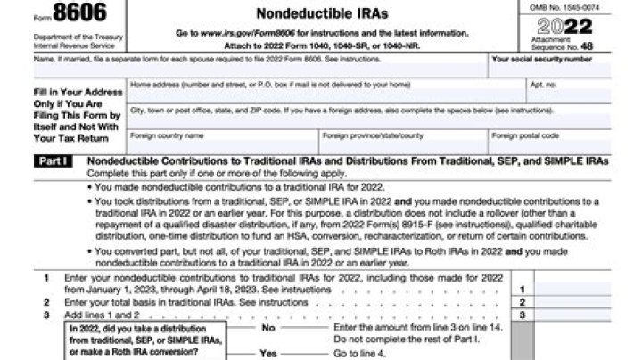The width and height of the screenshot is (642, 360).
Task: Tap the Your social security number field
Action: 564,71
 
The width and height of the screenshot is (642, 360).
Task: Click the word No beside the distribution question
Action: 268,328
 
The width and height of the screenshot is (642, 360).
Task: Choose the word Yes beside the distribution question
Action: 268,353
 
